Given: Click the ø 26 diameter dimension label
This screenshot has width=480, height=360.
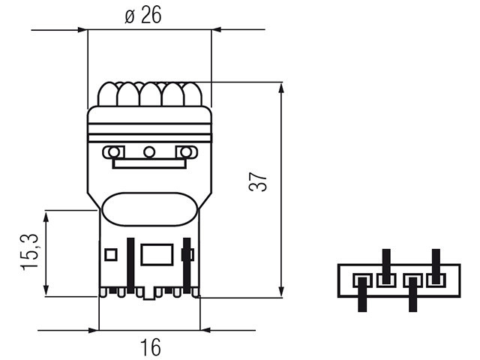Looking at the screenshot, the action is tap(143, 15).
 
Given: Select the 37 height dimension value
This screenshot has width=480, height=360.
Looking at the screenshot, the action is tap(258, 182).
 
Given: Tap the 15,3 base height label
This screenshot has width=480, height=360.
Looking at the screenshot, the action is tap(30, 252).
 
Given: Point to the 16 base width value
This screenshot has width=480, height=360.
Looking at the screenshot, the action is tap(150, 347).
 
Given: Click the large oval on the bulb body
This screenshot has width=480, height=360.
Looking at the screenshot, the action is tap(149, 209).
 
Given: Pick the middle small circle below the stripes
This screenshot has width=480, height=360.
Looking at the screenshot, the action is tap(149, 151).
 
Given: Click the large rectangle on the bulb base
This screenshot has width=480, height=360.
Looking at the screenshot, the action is tap(157, 254).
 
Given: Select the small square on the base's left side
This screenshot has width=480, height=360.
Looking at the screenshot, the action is tap(111, 255).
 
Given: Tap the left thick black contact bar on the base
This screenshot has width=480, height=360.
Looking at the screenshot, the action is tap(130, 265).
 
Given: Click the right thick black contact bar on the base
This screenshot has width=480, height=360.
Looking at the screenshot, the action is tap(187, 265).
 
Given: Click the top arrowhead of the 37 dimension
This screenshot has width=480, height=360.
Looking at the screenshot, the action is tap(282, 88).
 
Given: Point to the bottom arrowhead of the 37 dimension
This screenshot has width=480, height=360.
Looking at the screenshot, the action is tap(282, 292).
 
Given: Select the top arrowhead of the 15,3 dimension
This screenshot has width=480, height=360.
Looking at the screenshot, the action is tap(46, 217).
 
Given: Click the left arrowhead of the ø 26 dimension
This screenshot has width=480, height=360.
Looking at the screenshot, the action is tap(82, 30).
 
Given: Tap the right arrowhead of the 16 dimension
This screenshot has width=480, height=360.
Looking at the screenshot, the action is tap(205, 330).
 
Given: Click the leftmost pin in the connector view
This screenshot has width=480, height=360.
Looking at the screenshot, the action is tap(362, 295).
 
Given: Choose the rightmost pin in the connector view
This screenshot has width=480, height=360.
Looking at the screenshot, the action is tap(436, 266).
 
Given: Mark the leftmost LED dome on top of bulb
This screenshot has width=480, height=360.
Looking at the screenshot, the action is tap(107, 94).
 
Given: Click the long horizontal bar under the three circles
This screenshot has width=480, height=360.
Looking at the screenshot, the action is tap(149, 163).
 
